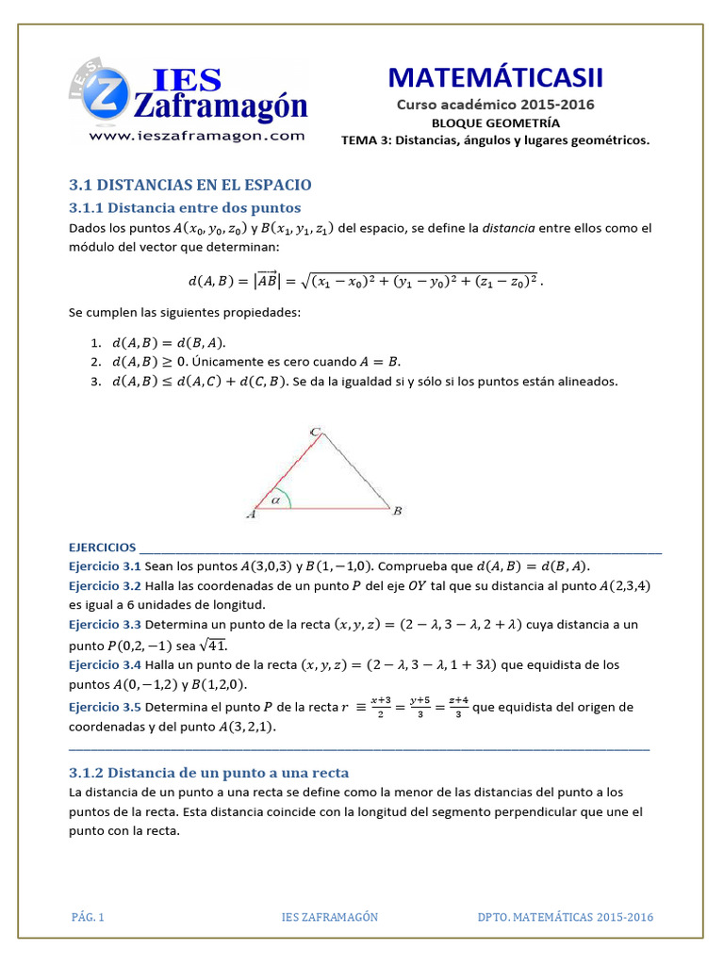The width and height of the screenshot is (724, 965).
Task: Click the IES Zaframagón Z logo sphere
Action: click(x=107, y=97)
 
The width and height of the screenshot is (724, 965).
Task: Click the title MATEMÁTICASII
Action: click(x=495, y=77)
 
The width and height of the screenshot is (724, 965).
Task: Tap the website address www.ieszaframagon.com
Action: click(x=197, y=136)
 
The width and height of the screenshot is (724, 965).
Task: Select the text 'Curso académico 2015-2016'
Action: click(x=495, y=106)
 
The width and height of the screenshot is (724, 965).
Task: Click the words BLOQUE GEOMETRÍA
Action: click(x=495, y=123)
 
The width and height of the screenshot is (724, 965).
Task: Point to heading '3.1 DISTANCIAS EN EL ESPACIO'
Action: click(x=190, y=185)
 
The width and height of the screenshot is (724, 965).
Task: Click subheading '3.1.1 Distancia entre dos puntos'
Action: click(x=185, y=207)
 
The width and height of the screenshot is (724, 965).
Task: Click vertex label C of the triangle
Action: click(x=316, y=432)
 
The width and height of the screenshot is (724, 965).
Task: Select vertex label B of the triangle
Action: click(x=398, y=511)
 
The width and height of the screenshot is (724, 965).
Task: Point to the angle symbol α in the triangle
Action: click(x=276, y=500)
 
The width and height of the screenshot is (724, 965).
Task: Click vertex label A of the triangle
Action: click(x=251, y=514)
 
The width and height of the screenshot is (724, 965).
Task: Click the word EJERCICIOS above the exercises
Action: click(x=102, y=548)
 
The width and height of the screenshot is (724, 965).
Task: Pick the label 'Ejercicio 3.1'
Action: click(x=105, y=566)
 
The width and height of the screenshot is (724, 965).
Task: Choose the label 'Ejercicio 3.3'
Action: click(x=105, y=625)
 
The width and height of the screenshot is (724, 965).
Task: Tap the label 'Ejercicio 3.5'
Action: click(x=105, y=708)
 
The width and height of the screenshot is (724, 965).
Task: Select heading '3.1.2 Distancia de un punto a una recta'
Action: click(x=209, y=772)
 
